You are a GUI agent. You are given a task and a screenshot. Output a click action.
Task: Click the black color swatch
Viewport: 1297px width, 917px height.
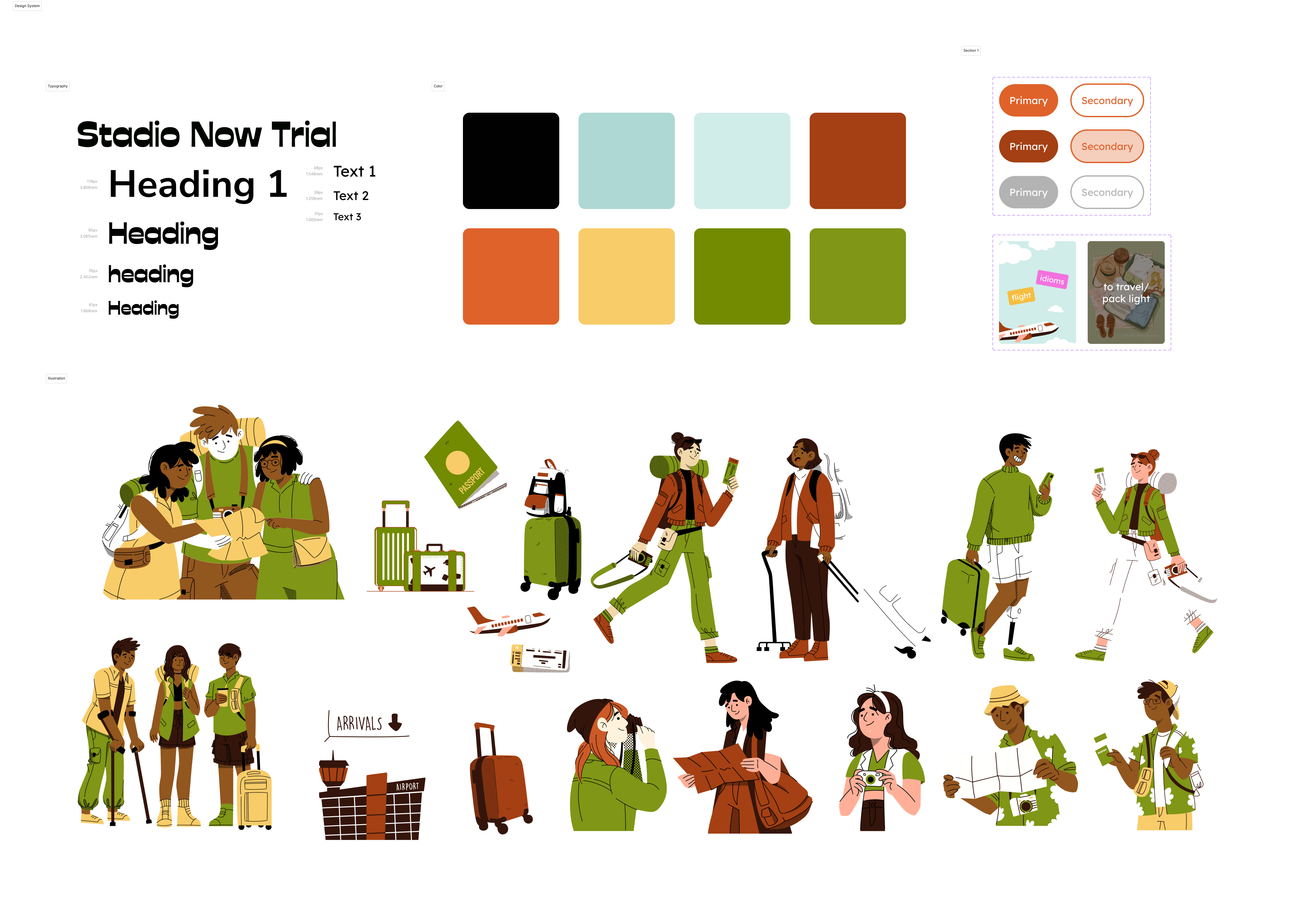[x=511, y=161]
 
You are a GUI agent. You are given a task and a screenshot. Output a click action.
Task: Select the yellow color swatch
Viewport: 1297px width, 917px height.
[x=626, y=276]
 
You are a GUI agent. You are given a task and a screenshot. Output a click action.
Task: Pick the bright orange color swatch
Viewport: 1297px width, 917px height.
[x=511, y=276]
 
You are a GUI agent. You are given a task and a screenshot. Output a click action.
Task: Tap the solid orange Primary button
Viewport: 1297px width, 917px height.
[x=1028, y=100]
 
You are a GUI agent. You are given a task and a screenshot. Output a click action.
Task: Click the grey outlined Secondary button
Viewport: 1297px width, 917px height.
[x=1107, y=192]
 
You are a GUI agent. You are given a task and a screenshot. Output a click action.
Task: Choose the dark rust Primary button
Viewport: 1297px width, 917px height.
[x=1028, y=146]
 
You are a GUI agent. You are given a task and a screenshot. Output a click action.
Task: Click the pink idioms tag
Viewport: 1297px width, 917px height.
[x=1052, y=279]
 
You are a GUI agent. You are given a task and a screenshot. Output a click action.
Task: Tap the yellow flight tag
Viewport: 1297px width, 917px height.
[x=1021, y=296]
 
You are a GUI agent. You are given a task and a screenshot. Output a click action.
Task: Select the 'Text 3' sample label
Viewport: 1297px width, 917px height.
[x=347, y=217]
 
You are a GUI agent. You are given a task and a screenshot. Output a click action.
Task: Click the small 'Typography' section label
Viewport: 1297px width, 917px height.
[x=57, y=86]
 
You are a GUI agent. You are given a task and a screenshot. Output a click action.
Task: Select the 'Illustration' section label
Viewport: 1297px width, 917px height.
[x=57, y=379]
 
